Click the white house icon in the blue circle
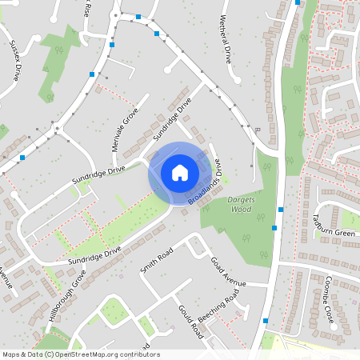click(x=180, y=172)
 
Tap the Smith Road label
click(x=157, y=260)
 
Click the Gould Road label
click(x=191, y=318)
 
